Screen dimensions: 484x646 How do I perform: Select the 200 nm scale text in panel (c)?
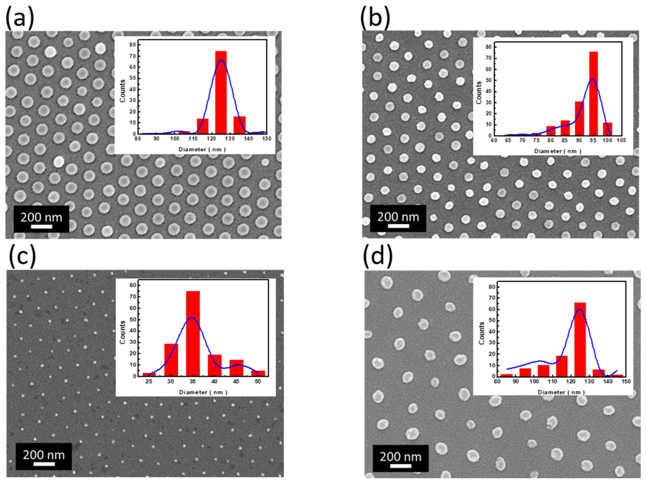click(44, 455)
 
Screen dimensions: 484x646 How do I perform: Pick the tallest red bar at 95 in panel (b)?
click(593, 93)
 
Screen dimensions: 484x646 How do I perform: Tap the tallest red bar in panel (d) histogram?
click(580, 339)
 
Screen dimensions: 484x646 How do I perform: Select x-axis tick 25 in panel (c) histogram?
click(149, 381)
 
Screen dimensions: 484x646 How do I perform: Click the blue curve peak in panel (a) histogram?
click(221, 60)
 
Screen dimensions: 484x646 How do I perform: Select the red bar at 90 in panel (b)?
click(579, 118)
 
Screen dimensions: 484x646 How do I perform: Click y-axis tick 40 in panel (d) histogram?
click(492, 332)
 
